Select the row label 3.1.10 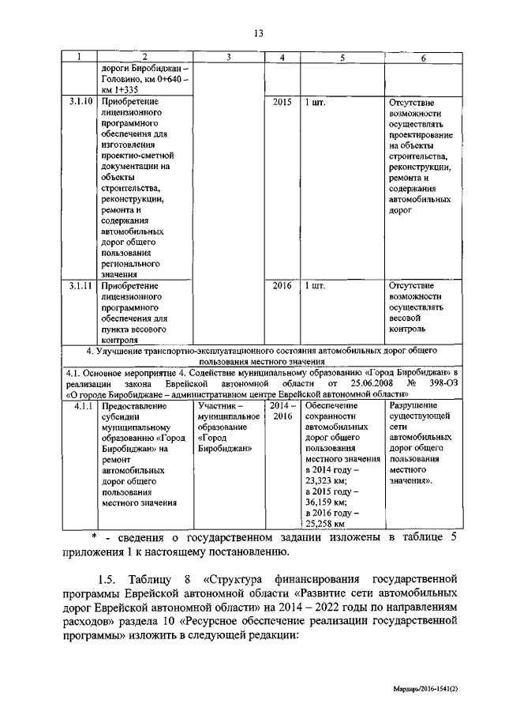pyautogui.click(x=80, y=102)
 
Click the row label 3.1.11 pyautogui.click(x=80, y=286)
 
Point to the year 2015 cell pyautogui.click(x=282, y=102)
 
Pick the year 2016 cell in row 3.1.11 pyautogui.click(x=282, y=286)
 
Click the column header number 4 pyautogui.click(x=282, y=57)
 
